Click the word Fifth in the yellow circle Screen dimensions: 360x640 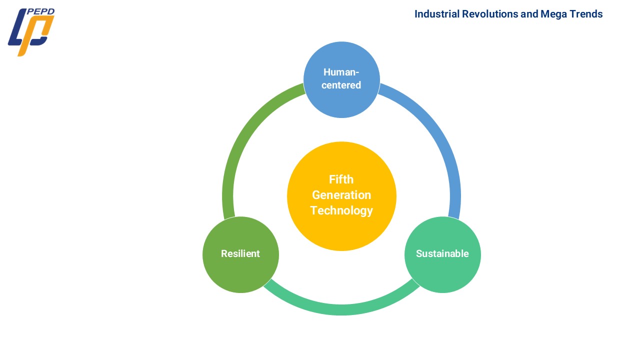[341, 179]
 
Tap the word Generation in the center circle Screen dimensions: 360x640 [341, 195]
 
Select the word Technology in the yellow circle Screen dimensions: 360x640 [341, 210]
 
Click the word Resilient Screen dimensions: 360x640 [240, 254]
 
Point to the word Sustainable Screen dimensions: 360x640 [442, 254]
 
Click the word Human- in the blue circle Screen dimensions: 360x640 [341, 72]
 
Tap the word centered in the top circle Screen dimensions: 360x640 [341, 85]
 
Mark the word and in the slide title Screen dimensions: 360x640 [529, 14]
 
